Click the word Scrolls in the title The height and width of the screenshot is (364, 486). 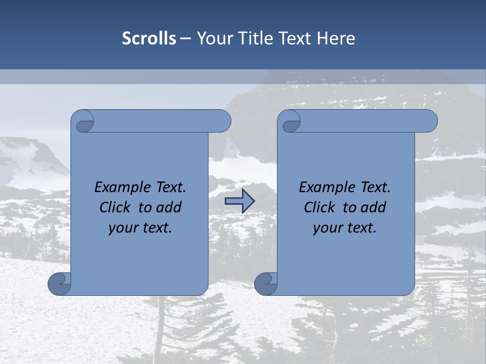149,38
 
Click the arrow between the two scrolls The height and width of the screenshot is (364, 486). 239,201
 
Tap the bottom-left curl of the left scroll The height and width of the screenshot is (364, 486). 59,284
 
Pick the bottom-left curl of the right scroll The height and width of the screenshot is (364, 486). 266,284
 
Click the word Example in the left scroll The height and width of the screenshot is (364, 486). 121,188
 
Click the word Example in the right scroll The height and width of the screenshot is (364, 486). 326,188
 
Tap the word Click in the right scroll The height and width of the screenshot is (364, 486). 319,207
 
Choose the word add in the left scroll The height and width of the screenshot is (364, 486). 169,207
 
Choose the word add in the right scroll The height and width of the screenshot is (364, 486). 374,207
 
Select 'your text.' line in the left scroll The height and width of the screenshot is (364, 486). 140,228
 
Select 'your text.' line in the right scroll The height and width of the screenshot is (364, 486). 345,228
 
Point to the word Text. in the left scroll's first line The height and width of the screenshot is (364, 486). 169,188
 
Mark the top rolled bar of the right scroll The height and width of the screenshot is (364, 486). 364,121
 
